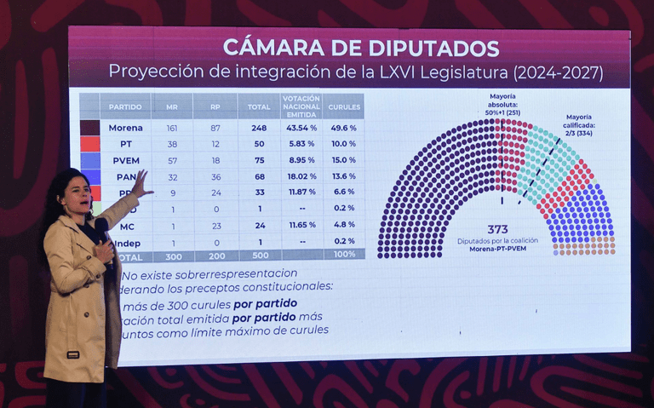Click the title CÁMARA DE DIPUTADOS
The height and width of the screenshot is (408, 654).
[x=360, y=48]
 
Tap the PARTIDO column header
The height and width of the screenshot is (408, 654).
[x=125, y=106]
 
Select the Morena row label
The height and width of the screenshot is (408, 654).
[x=126, y=128]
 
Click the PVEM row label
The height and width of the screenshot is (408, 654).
[x=126, y=159]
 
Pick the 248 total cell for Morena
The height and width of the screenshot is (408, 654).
[x=258, y=128]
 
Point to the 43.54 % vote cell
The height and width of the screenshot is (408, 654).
[x=301, y=128]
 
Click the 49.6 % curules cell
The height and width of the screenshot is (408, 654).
[x=344, y=128]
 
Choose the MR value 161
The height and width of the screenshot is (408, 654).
[x=172, y=128]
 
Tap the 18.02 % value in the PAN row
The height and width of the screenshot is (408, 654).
[x=301, y=176]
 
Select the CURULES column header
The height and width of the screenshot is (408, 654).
[x=344, y=106]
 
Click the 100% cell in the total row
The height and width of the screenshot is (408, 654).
[x=344, y=255]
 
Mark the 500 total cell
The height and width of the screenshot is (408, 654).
[x=258, y=256]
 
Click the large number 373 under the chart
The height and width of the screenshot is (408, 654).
[x=498, y=229]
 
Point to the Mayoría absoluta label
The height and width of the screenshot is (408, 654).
[x=502, y=104]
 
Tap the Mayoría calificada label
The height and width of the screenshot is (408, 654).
[x=578, y=124]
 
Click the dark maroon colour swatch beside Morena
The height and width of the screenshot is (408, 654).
[x=90, y=128]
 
